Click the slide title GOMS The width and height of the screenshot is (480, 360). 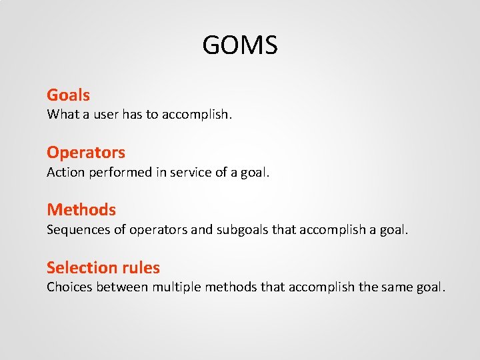(x=240, y=46)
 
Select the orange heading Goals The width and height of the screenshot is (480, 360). (x=68, y=95)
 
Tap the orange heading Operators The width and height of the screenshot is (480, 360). (x=86, y=153)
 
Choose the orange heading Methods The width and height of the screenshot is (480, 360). (x=81, y=210)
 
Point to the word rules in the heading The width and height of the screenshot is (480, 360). (x=142, y=268)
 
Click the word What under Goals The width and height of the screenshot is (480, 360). (x=62, y=115)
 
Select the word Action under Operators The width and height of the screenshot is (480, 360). (x=65, y=172)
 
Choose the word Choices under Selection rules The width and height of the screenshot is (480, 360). (x=69, y=287)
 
